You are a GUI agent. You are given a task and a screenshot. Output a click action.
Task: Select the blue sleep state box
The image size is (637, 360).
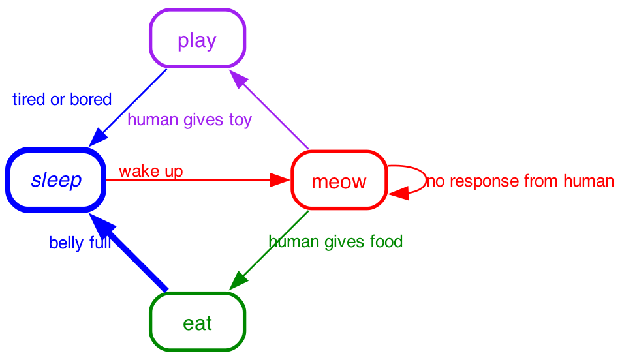(x=56, y=180)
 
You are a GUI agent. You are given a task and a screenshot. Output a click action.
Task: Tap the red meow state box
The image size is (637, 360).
(x=339, y=181)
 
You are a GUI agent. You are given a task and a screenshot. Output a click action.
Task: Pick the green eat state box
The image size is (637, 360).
(x=197, y=322)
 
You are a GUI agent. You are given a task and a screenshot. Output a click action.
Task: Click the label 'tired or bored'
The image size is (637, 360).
(x=62, y=100)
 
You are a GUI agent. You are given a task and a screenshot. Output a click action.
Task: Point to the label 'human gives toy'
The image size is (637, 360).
(x=189, y=121)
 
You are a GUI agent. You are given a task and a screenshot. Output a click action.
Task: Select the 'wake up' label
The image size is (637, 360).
(x=151, y=172)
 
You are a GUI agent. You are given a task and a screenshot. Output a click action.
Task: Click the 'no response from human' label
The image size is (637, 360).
(x=520, y=181)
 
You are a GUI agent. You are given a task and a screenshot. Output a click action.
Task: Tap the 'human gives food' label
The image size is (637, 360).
(x=335, y=242)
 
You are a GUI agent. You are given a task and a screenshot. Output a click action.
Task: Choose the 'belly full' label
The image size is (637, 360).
(x=80, y=244)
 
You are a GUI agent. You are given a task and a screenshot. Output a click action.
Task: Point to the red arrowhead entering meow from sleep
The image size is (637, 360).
(x=281, y=180)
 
